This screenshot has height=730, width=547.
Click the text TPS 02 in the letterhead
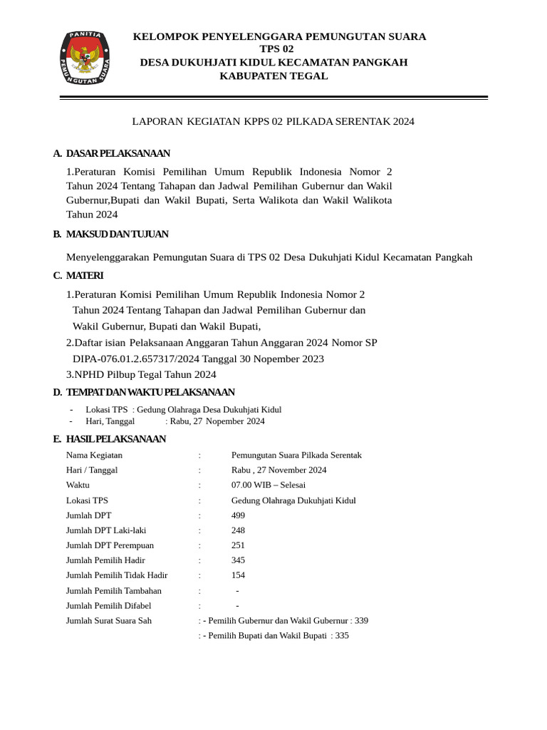coord(276,49)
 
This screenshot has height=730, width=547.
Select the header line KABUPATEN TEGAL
coord(273,76)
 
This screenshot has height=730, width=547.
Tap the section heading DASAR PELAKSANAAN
coord(118,153)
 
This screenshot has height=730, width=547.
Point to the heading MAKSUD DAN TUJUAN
coord(117,234)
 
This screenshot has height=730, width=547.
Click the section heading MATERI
coord(85,275)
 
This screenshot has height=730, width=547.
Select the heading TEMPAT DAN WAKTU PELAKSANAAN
coord(150,392)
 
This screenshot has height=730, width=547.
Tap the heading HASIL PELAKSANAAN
coord(115,438)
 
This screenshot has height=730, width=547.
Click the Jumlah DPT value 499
coord(239,515)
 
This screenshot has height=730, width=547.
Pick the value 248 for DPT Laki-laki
coord(239,530)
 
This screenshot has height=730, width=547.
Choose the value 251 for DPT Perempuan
coord(239,545)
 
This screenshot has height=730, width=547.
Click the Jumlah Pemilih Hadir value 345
coord(239,560)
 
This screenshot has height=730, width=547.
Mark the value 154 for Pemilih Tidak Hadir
coord(239,575)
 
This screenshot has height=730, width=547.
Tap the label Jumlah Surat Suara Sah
coord(109,621)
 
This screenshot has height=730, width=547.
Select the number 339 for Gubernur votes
coord(361,621)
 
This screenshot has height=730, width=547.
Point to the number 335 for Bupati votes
coord(342,636)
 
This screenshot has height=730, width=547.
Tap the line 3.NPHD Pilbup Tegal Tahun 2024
coord(141,374)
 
